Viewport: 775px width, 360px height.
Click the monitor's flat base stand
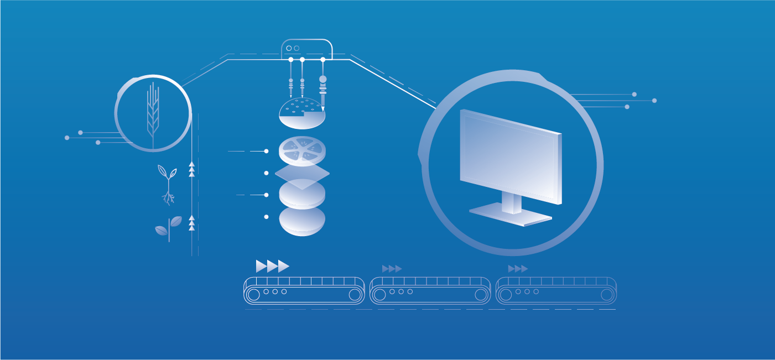[x=511, y=216]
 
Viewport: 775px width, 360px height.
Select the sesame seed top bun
[x=302, y=112]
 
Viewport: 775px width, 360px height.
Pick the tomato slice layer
[x=302, y=150]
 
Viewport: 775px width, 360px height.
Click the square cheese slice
[x=302, y=175]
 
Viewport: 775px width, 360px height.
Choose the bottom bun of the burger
[x=302, y=221]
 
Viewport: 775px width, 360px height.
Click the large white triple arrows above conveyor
[x=272, y=266]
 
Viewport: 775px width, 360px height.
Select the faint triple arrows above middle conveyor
[x=392, y=269]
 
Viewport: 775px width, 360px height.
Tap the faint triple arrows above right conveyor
[x=518, y=269]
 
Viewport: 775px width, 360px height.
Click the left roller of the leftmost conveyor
[x=253, y=295]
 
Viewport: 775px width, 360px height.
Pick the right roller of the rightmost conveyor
[x=607, y=295]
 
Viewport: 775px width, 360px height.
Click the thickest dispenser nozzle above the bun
[x=323, y=88]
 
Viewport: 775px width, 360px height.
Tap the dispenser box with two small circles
[x=306, y=49]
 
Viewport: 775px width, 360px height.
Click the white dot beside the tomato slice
[x=266, y=151]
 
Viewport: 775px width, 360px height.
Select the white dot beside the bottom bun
[x=266, y=217]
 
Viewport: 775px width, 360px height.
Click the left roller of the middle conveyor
[x=379, y=295]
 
